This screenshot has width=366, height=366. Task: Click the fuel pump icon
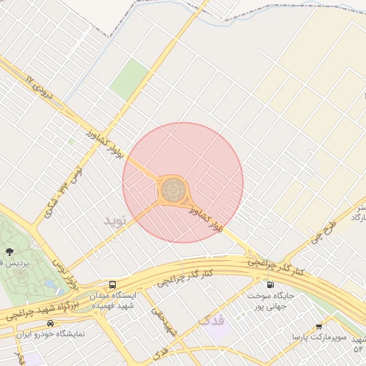pos(269,285)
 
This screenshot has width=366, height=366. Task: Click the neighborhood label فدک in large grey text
pos(213,321)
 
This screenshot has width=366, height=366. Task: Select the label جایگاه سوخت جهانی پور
pos(269,301)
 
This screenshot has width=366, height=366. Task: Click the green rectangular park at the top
pos(129,79)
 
